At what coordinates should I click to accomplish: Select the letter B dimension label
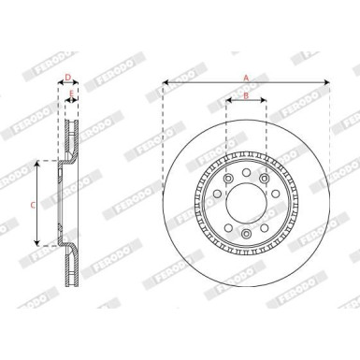click(x=245, y=95)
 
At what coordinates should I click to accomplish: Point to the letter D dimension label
click(x=67, y=79)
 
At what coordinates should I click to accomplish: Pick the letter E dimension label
click(x=71, y=92)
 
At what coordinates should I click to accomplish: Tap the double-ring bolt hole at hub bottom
click(x=245, y=234)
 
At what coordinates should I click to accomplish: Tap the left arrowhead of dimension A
click(x=165, y=82)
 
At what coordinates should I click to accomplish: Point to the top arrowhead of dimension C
click(x=37, y=163)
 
